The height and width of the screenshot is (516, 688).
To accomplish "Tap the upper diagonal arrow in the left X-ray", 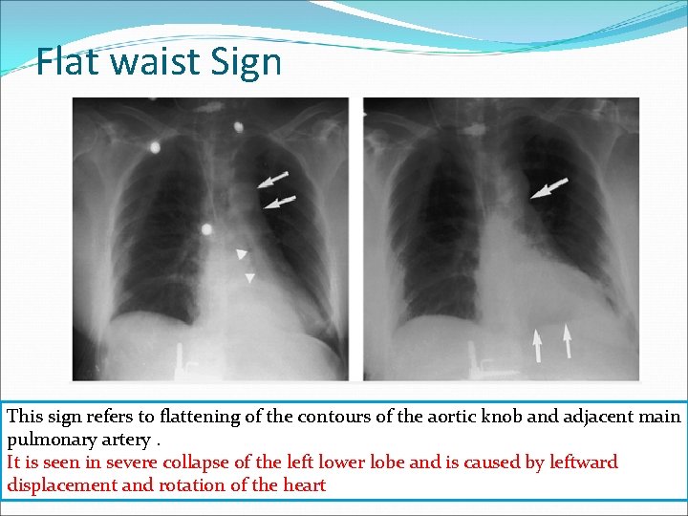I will (x=272, y=180).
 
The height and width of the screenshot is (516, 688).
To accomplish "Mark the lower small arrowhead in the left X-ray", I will (x=249, y=278).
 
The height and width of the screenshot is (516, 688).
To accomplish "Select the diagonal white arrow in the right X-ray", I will (x=548, y=187).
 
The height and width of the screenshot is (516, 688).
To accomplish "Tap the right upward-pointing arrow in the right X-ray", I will (x=568, y=339).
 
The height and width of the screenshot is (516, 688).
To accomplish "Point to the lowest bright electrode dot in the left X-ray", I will (x=206, y=229).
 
